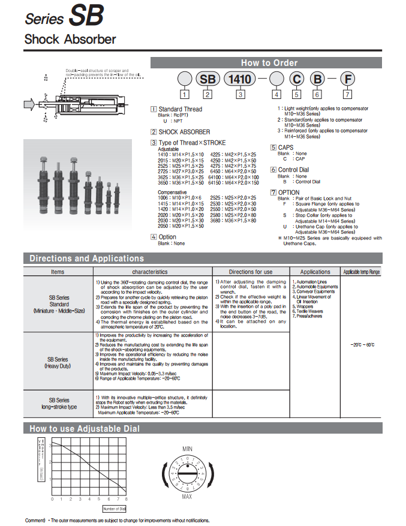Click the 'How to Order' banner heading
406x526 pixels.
tap(269, 62)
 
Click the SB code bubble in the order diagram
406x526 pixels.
tap(207, 79)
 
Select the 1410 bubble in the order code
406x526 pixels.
tap(240, 79)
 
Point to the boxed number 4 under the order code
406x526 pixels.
tap(276, 94)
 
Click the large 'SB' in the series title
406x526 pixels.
tap(86, 16)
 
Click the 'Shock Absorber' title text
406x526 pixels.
tap(70, 40)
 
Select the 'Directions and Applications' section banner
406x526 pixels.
tap(87, 259)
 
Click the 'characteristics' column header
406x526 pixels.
tap(154, 272)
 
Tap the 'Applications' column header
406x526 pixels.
tap(315, 272)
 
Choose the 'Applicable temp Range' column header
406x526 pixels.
tap(361, 272)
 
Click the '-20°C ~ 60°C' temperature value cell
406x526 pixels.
tap(362, 345)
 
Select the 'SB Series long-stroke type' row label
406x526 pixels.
tap(59, 403)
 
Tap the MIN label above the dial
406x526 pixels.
tap(187, 449)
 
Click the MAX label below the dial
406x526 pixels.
tap(187, 496)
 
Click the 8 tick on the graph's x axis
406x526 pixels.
tap(127, 499)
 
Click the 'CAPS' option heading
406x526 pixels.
tap(287, 147)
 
